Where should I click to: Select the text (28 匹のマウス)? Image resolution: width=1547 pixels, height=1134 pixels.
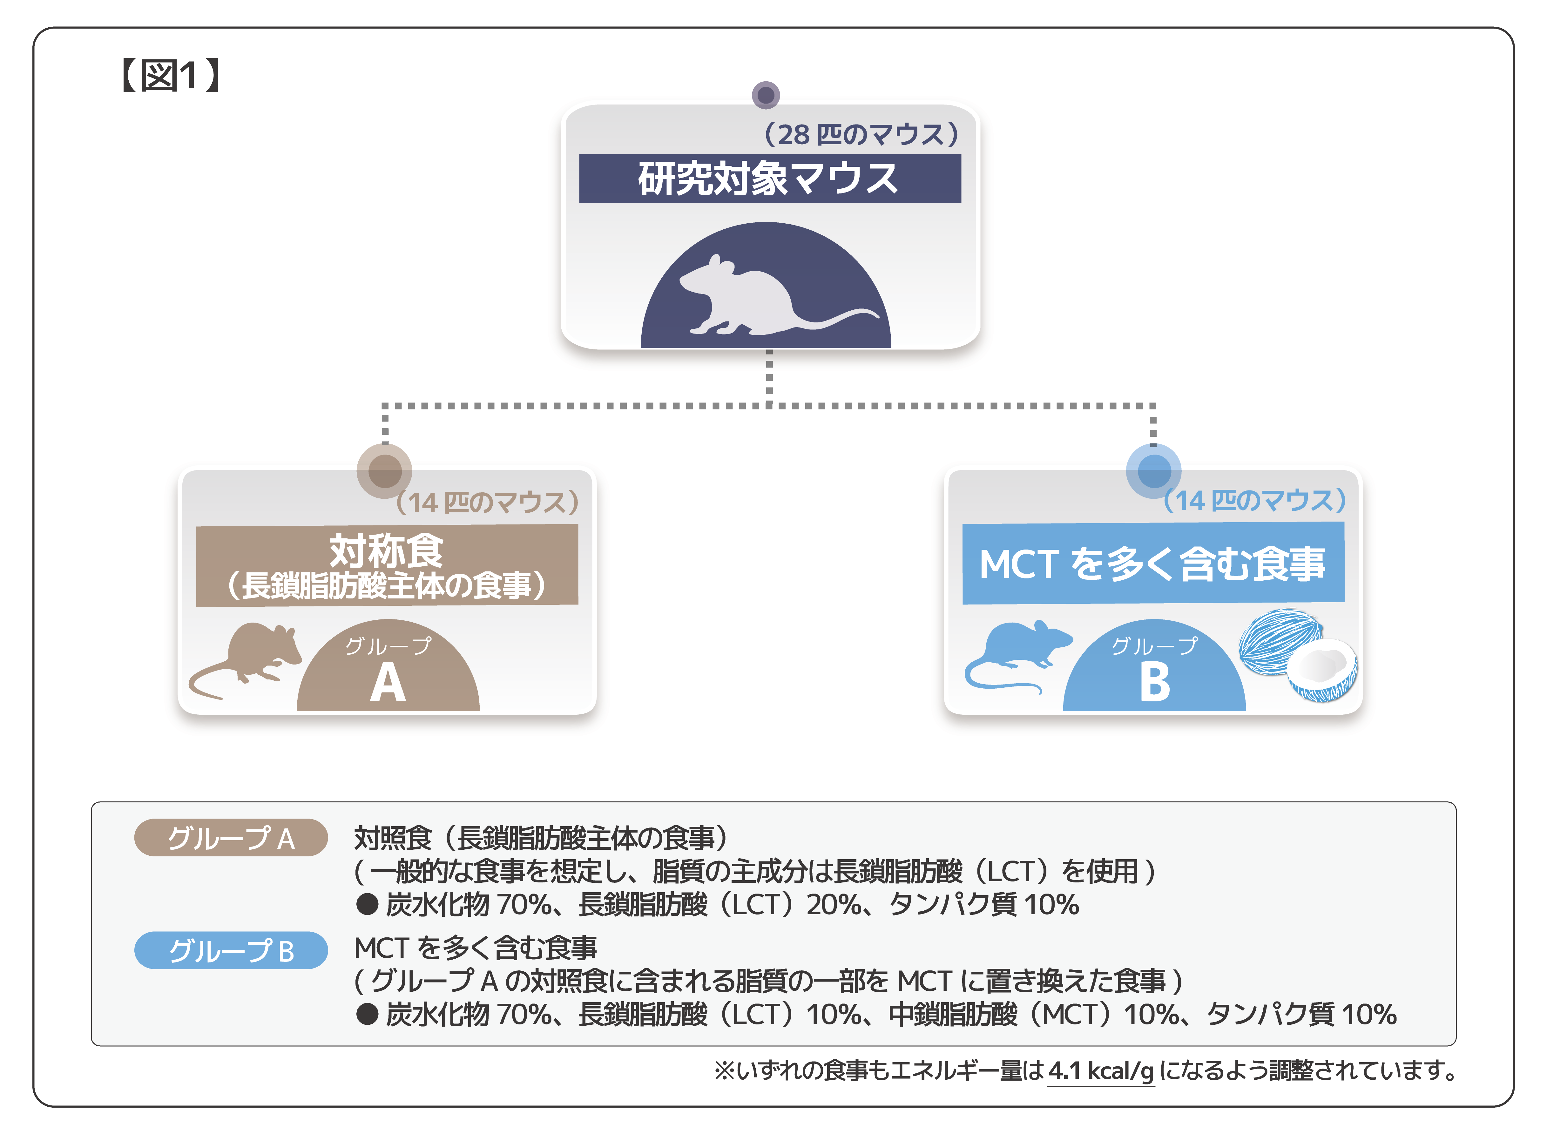click(861, 135)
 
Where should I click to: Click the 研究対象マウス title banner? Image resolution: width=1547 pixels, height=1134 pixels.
click(769, 179)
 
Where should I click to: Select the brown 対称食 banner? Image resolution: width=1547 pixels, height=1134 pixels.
click(387, 565)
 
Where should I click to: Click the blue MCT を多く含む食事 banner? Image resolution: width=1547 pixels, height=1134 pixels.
click(1153, 564)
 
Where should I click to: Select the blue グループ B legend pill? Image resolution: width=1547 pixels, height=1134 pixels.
click(231, 951)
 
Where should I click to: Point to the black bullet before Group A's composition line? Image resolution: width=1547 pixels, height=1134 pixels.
click(367, 905)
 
